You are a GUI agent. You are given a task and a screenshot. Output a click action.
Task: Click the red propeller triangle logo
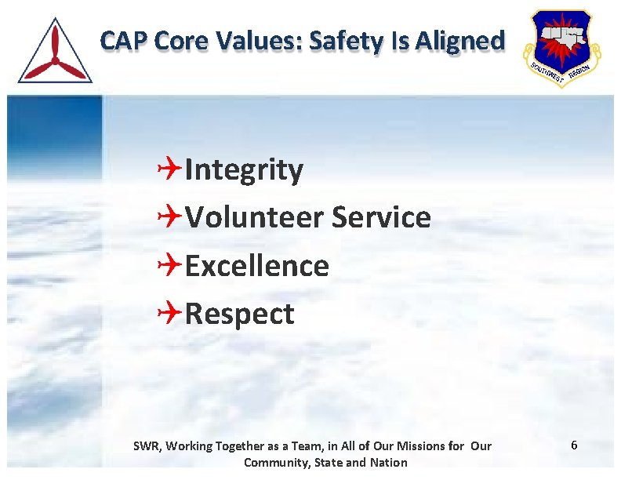[x=55, y=52]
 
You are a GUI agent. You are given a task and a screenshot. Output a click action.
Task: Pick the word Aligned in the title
[x=459, y=42]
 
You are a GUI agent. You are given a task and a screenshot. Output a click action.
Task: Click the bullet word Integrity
[x=244, y=170]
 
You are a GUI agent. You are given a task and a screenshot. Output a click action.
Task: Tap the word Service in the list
[x=381, y=217]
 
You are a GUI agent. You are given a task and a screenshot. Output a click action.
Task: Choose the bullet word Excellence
[x=257, y=266]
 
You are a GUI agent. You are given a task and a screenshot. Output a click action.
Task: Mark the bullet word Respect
[x=239, y=315]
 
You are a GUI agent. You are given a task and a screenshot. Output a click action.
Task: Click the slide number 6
[x=574, y=445]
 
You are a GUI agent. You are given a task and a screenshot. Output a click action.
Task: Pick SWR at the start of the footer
[x=146, y=446]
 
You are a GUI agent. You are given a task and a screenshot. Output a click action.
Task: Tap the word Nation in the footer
[x=389, y=463]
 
